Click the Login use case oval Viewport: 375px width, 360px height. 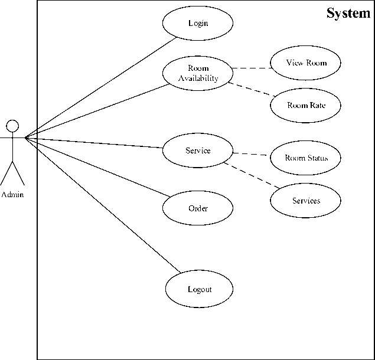point(198,24)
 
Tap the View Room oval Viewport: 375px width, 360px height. point(306,63)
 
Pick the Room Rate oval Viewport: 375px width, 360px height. point(306,106)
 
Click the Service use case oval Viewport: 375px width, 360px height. point(198,150)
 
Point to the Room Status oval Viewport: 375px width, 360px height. point(306,158)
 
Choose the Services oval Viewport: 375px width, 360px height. point(306,201)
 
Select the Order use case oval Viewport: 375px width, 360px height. point(198,208)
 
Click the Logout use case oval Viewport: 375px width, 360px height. point(199,289)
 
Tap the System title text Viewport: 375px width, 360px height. point(348,13)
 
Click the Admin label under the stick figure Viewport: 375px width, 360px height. point(12,194)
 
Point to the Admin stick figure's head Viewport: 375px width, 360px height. point(12,125)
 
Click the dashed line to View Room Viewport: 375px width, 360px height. point(252,68)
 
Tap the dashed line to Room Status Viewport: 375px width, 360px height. point(252,155)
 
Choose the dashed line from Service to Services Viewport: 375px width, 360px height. point(251,176)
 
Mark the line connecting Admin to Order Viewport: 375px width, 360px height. point(97,168)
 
